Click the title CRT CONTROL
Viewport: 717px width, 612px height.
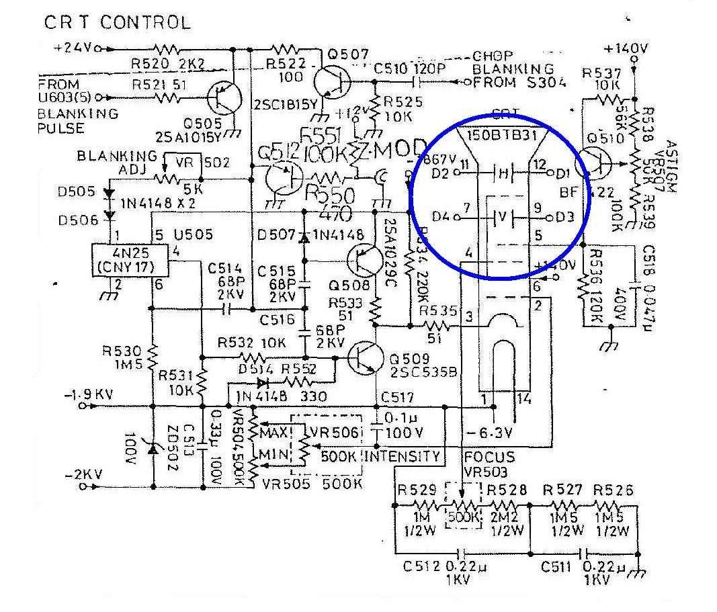coord(117,22)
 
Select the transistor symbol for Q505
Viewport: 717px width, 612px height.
coord(222,98)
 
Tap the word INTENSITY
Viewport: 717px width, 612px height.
coord(403,457)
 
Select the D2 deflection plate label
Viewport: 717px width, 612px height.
coord(441,174)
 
